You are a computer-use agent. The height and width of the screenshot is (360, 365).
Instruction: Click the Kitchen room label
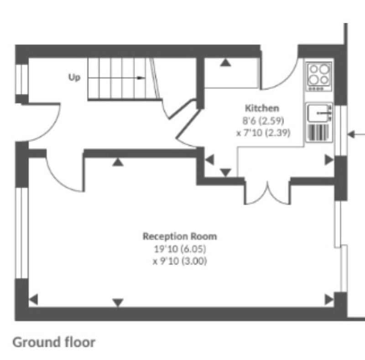click(x=262, y=108)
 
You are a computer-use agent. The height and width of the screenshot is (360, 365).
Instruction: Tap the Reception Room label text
click(x=180, y=236)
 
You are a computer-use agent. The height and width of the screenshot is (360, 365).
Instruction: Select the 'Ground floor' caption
click(x=54, y=342)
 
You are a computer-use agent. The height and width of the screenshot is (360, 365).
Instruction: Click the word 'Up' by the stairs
click(x=74, y=77)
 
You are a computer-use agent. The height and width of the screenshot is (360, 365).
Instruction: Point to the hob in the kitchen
click(x=319, y=76)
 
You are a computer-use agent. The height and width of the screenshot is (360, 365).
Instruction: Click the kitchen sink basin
click(x=317, y=113)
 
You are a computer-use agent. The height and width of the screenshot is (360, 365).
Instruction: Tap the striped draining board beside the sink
click(x=318, y=132)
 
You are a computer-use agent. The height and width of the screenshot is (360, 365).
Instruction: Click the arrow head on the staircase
click(x=141, y=78)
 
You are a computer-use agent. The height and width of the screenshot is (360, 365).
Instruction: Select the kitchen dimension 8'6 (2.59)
click(x=263, y=121)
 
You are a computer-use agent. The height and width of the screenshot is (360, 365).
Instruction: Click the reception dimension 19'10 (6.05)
click(x=180, y=249)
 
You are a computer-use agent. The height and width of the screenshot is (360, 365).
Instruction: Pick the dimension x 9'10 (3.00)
click(x=180, y=261)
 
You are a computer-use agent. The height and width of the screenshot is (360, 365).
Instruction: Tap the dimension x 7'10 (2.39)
click(x=263, y=133)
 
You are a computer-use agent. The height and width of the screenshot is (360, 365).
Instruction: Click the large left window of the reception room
click(x=21, y=233)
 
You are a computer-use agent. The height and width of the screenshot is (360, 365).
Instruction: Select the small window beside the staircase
click(x=22, y=79)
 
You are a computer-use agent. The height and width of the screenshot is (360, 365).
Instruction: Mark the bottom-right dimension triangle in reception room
click(x=329, y=299)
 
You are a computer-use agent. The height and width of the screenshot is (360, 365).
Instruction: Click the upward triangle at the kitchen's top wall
click(x=225, y=63)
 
